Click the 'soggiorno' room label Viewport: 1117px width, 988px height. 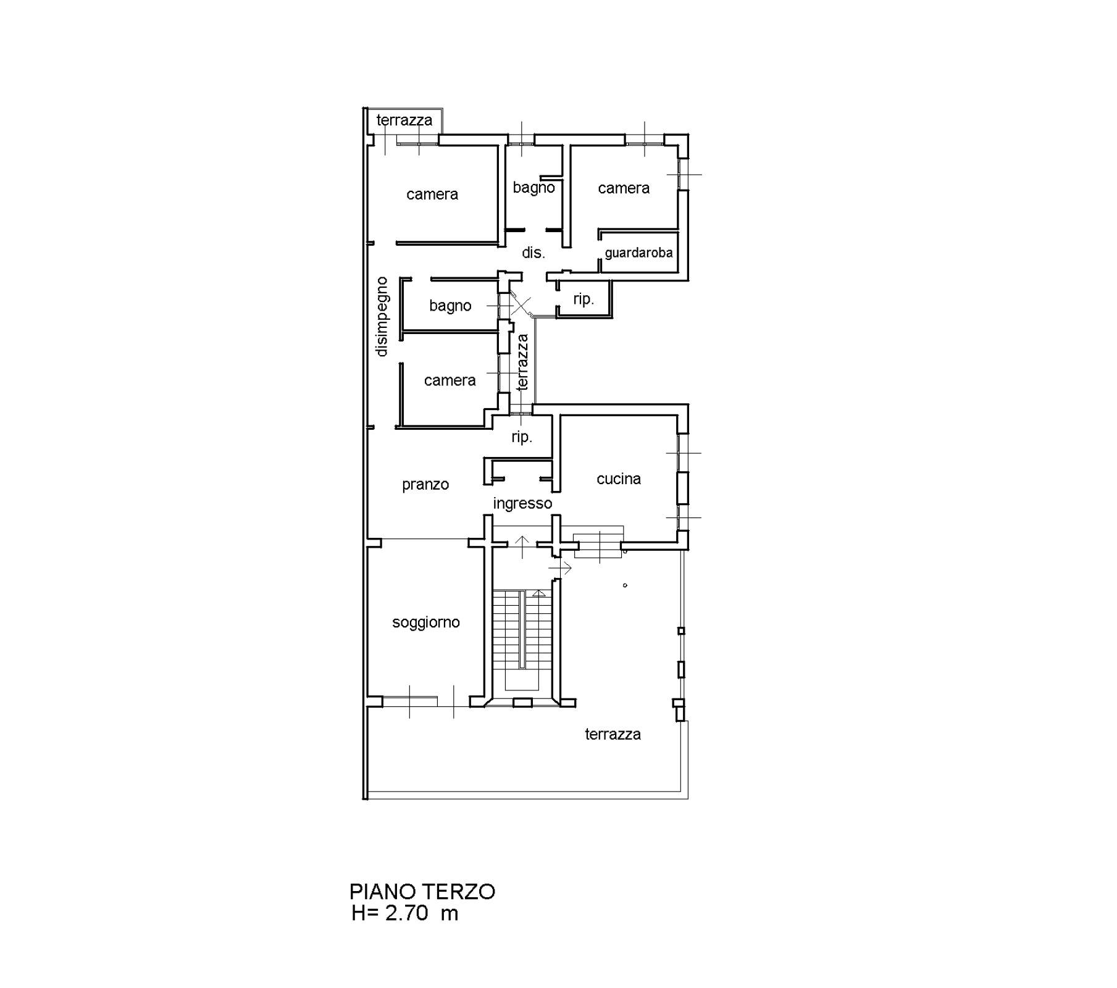(426, 622)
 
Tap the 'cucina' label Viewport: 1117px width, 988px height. (619, 479)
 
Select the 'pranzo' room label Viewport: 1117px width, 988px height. (425, 485)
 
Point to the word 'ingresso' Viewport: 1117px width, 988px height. (522, 504)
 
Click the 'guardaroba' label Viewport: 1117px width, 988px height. (638, 253)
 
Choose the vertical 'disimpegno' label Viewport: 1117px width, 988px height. (382, 317)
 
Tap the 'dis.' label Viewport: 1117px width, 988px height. (533, 253)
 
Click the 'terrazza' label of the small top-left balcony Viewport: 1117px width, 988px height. (404, 120)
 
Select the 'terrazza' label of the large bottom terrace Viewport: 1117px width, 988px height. (613, 734)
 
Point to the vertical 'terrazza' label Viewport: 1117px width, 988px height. (522, 362)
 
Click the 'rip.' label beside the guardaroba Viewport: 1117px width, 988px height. (584, 299)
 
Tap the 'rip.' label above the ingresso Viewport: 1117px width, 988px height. (522, 437)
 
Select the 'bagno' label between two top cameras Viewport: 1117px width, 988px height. (534, 187)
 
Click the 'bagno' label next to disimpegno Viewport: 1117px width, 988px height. (450, 306)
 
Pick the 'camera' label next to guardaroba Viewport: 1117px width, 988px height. (624, 188)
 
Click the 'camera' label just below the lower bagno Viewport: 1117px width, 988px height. (450, 380)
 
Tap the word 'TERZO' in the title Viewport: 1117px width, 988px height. (459, 892)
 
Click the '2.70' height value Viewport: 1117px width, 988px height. (407, 913)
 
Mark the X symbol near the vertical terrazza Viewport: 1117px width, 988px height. (521, 306)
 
